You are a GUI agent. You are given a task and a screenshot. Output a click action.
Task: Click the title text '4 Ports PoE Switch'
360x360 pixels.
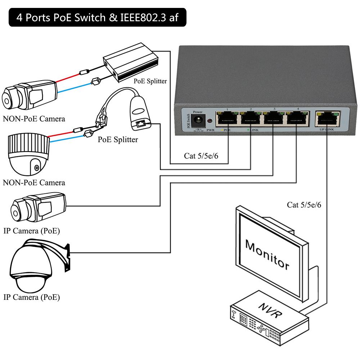(65, 18)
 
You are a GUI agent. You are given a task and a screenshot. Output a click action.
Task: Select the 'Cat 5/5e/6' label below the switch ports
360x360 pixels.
(201, 156)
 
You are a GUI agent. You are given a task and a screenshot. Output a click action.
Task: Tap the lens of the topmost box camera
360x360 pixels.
(8, 97)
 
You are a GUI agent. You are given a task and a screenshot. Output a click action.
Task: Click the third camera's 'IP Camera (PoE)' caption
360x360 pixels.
(32, 231)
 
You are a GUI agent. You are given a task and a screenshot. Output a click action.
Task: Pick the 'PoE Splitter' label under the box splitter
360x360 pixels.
(150, 81)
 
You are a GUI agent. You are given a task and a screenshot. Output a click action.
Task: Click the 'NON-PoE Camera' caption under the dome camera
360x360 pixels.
(34, 183)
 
